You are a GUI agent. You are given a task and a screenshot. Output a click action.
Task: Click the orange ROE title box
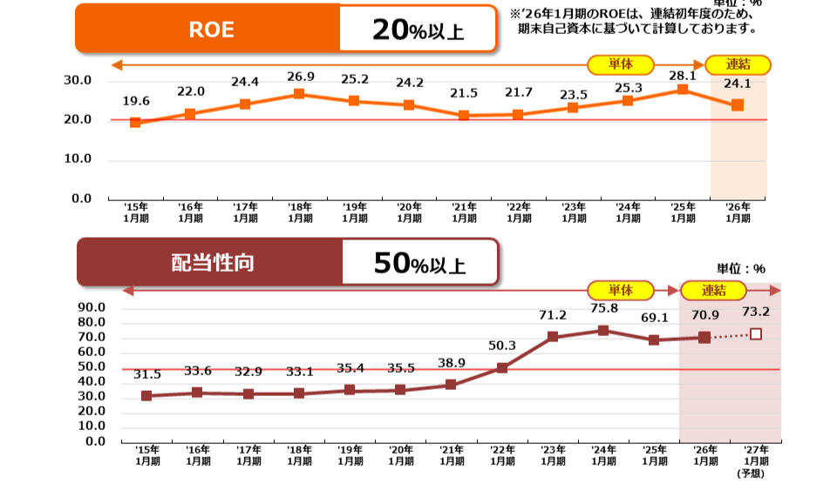point(209,28)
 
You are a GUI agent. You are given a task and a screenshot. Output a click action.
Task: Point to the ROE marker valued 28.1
point(683,90)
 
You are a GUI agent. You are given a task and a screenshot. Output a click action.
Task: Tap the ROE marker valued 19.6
point(135,123)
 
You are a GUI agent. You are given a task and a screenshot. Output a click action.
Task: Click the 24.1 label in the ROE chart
point(738,84)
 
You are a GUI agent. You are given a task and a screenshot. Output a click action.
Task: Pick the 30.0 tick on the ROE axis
point(78,80)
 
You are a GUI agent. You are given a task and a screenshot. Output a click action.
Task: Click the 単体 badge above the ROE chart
point(620,64)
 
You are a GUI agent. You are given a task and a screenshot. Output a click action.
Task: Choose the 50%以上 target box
point(419,262)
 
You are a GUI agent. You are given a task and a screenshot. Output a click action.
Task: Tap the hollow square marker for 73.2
point(756,334)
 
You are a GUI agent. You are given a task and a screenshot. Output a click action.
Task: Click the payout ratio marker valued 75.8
point(603,330)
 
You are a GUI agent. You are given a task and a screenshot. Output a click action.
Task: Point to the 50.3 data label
point(502,346)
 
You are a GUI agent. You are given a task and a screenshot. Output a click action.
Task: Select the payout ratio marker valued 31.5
point(146,396)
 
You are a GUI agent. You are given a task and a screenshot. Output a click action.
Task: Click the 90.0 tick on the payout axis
point(91,308)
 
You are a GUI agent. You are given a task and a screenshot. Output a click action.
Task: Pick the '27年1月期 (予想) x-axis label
point(755,460)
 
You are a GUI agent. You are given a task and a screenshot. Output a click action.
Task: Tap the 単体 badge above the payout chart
point(620,291)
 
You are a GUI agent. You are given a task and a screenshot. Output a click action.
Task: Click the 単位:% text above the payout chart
point(740,268)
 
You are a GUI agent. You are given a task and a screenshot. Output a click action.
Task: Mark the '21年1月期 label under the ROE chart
point(464,212)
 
